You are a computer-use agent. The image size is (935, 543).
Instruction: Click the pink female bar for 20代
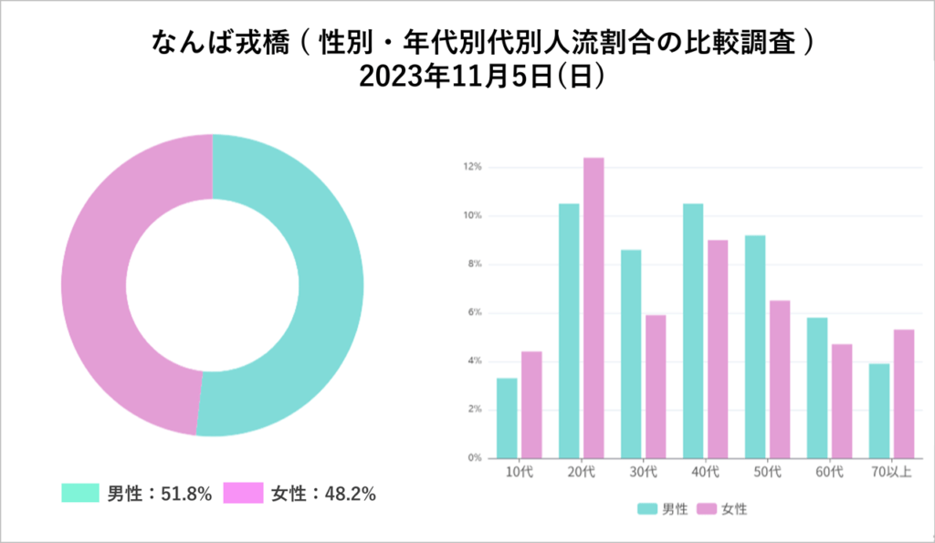[x=594, y=308]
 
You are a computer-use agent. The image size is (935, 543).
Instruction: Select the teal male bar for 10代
[x=507, y=417]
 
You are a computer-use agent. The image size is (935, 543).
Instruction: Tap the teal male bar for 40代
[x=693, y=330]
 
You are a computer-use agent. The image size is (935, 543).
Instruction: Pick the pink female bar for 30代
[x=656, y=386]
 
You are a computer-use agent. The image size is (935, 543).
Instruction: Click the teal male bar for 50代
[x=755, y=346]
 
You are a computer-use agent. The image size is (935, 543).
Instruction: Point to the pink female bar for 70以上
[x=904, y=393]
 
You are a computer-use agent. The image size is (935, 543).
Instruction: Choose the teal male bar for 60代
[x=817, y=387]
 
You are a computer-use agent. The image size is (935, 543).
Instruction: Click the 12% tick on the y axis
[x=472, y=168]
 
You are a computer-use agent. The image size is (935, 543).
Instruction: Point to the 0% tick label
[x=474, y=458]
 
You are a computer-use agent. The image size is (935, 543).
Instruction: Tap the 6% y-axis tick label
[x=474, y=313]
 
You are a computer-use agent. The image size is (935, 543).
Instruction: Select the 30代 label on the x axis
[x=644, y=472]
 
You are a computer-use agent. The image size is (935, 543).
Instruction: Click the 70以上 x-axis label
[x=891, y=472]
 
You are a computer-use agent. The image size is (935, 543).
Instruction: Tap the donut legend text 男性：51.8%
[x=160, y=494]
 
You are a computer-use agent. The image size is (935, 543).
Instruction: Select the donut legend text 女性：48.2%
[x=324, y=494]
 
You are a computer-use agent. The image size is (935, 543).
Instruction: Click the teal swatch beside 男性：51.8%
[x=79, y=494]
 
